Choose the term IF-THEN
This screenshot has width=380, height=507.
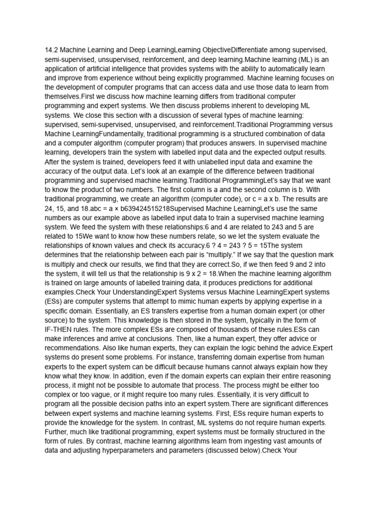pyautogui.click(x=61, y=329)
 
